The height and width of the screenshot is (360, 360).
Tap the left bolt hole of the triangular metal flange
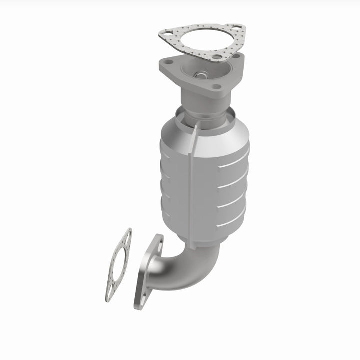coord(169,62)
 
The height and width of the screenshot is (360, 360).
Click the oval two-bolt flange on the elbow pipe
coord(148,272)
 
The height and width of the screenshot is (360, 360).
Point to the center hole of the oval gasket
coord(118,265)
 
